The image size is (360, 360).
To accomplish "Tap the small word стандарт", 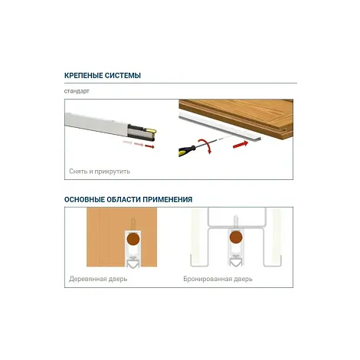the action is (x=77, y=91).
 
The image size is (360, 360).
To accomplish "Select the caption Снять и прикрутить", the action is (x=100, y=172).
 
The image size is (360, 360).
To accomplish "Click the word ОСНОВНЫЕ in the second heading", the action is (x=84, y=199).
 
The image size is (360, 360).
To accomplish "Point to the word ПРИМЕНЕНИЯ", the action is (x=168, y=199).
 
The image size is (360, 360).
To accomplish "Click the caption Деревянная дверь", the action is (x=98, y=279).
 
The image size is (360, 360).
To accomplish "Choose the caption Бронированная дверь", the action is (x=218, y=279).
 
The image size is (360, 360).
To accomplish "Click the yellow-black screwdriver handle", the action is (x=187, y=150).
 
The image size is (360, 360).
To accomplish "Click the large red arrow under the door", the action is (x=241, y=145).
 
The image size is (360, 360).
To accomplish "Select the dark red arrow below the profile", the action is (x=149, y=146).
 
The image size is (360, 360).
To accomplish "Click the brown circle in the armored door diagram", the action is (x=236, y=237).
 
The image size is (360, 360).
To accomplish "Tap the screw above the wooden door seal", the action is (x=133, y=224).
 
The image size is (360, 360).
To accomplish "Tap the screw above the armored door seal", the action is (x=236, y=221).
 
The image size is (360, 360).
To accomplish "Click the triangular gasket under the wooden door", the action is (x=133, y=263).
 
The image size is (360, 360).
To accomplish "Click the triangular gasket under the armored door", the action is (x=236, y=261).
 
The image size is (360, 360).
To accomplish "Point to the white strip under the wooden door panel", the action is (x=220, y=128).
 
